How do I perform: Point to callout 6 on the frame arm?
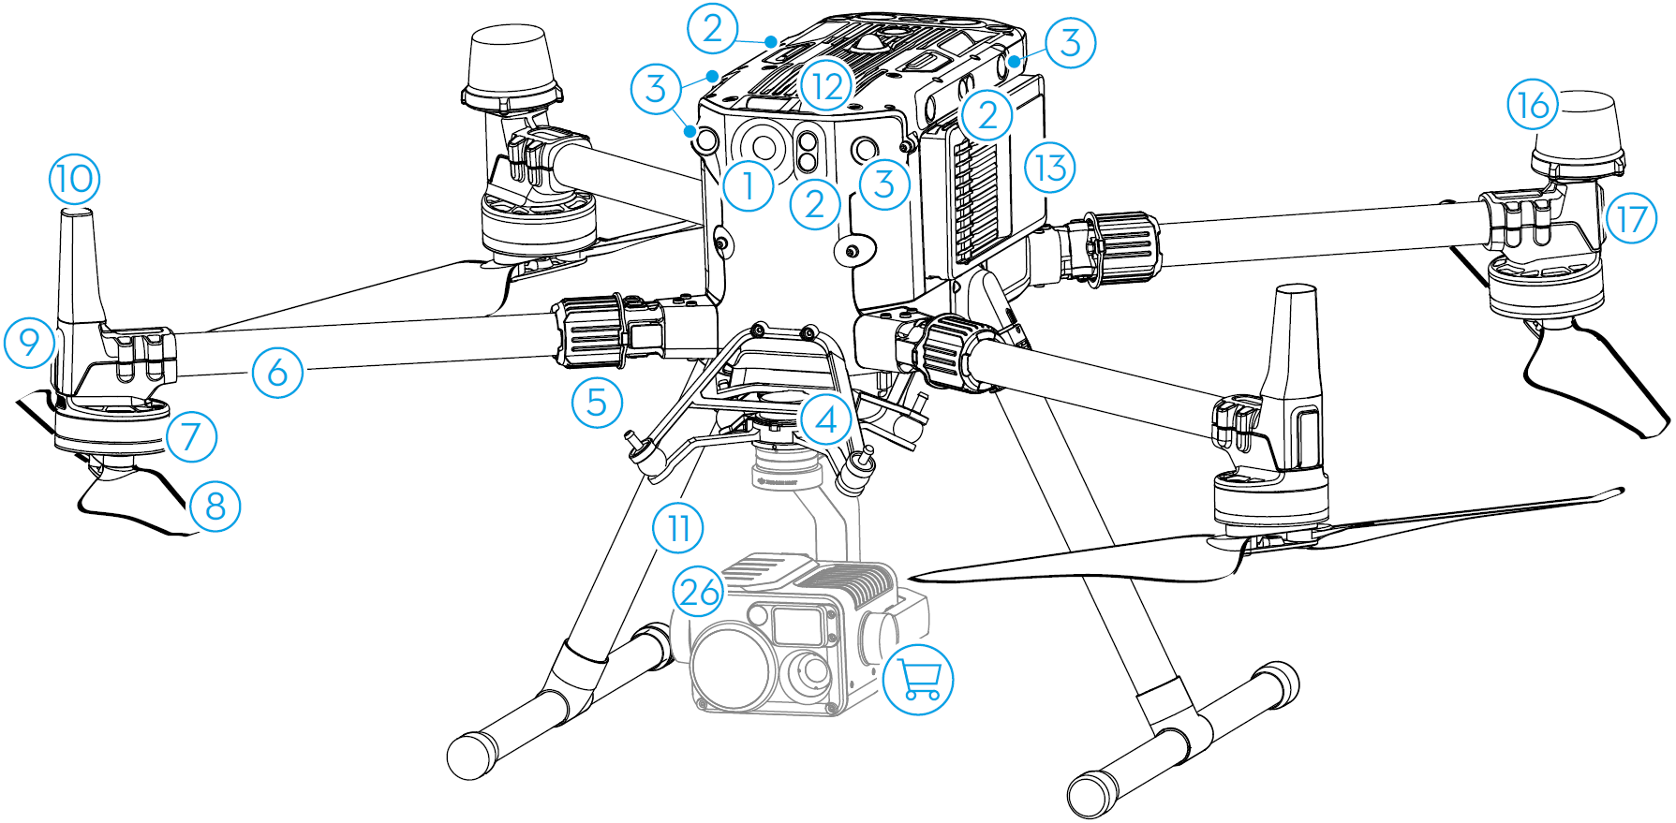[277, 373]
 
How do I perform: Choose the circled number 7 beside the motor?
[191, 436]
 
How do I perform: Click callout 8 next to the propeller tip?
[215, 507]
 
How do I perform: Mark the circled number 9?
[30, 342]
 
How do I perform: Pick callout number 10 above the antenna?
[75, 178]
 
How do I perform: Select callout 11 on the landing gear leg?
[678, 528]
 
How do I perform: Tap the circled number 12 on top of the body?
[827, 87]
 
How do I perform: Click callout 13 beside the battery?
[1049, 168]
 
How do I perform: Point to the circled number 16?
[1533, 105]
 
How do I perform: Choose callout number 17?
[1631, 219]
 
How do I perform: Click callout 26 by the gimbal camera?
[699, 592]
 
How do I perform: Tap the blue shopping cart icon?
[918, 679]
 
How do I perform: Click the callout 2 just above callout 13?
[986, 115]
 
